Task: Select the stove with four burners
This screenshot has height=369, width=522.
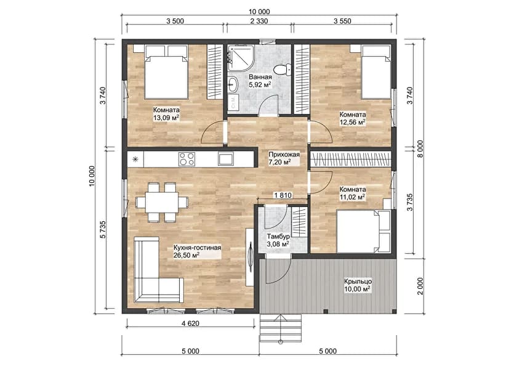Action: tap(187, 159)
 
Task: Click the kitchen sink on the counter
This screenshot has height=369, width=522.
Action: tap(225, 159)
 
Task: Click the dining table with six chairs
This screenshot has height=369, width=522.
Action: tap(162, 201)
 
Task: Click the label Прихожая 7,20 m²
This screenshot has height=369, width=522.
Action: tap(284, 159)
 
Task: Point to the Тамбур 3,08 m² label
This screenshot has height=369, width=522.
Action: tap(278, 240)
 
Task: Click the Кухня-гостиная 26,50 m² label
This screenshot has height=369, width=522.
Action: tap(197, 251)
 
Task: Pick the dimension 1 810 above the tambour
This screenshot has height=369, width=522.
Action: tap(282, 195)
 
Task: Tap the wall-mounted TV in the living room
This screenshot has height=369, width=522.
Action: tap(251, 256)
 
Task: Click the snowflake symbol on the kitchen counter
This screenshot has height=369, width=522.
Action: tap(135, 159)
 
